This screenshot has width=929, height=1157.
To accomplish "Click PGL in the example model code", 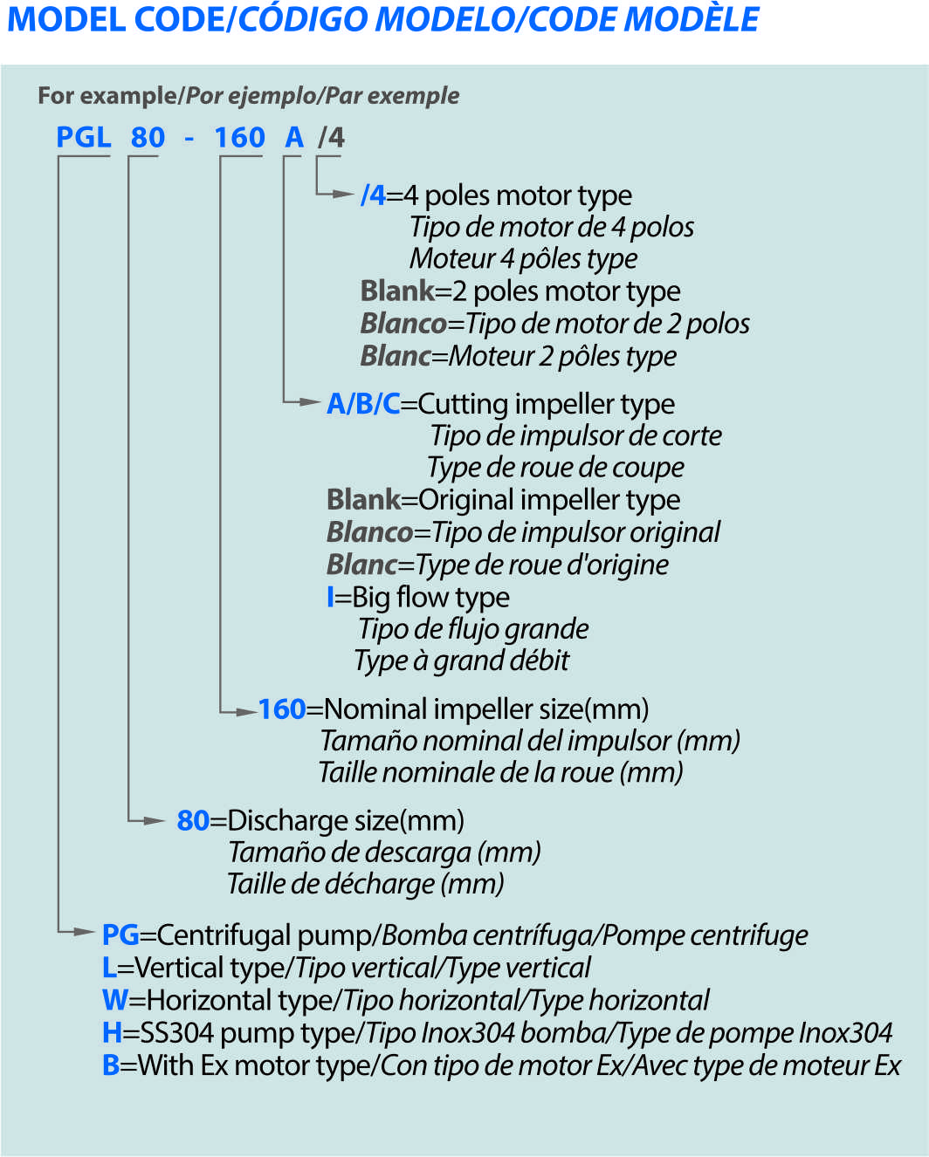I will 84,138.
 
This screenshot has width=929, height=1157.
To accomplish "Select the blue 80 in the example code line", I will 148,138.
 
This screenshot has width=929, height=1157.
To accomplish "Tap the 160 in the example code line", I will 239,138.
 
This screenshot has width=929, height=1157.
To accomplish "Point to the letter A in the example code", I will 294,138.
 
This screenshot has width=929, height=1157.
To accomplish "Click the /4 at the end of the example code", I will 332,138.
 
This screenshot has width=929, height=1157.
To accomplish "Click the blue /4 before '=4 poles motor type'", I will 373,195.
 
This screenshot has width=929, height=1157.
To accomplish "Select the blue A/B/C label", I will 363,404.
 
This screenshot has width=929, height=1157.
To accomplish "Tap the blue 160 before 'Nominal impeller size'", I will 282,709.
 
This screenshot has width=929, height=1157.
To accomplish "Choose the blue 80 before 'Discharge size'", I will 193,821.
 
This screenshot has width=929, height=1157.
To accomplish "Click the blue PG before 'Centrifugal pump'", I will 120,935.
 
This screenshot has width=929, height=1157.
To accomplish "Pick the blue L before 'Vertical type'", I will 109,968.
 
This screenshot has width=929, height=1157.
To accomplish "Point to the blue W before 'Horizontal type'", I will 115,1000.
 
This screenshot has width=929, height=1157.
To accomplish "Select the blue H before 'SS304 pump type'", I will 112,1033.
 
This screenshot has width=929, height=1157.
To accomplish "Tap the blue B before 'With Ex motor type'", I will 111,1065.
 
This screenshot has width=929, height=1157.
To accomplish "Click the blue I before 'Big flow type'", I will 330,598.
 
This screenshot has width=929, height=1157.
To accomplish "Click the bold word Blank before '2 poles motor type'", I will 397,291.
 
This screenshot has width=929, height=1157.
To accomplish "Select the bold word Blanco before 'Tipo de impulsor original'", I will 369,532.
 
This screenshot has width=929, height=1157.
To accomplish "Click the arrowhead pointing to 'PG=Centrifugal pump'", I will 85,932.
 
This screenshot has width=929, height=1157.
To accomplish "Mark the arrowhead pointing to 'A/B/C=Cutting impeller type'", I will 309,402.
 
